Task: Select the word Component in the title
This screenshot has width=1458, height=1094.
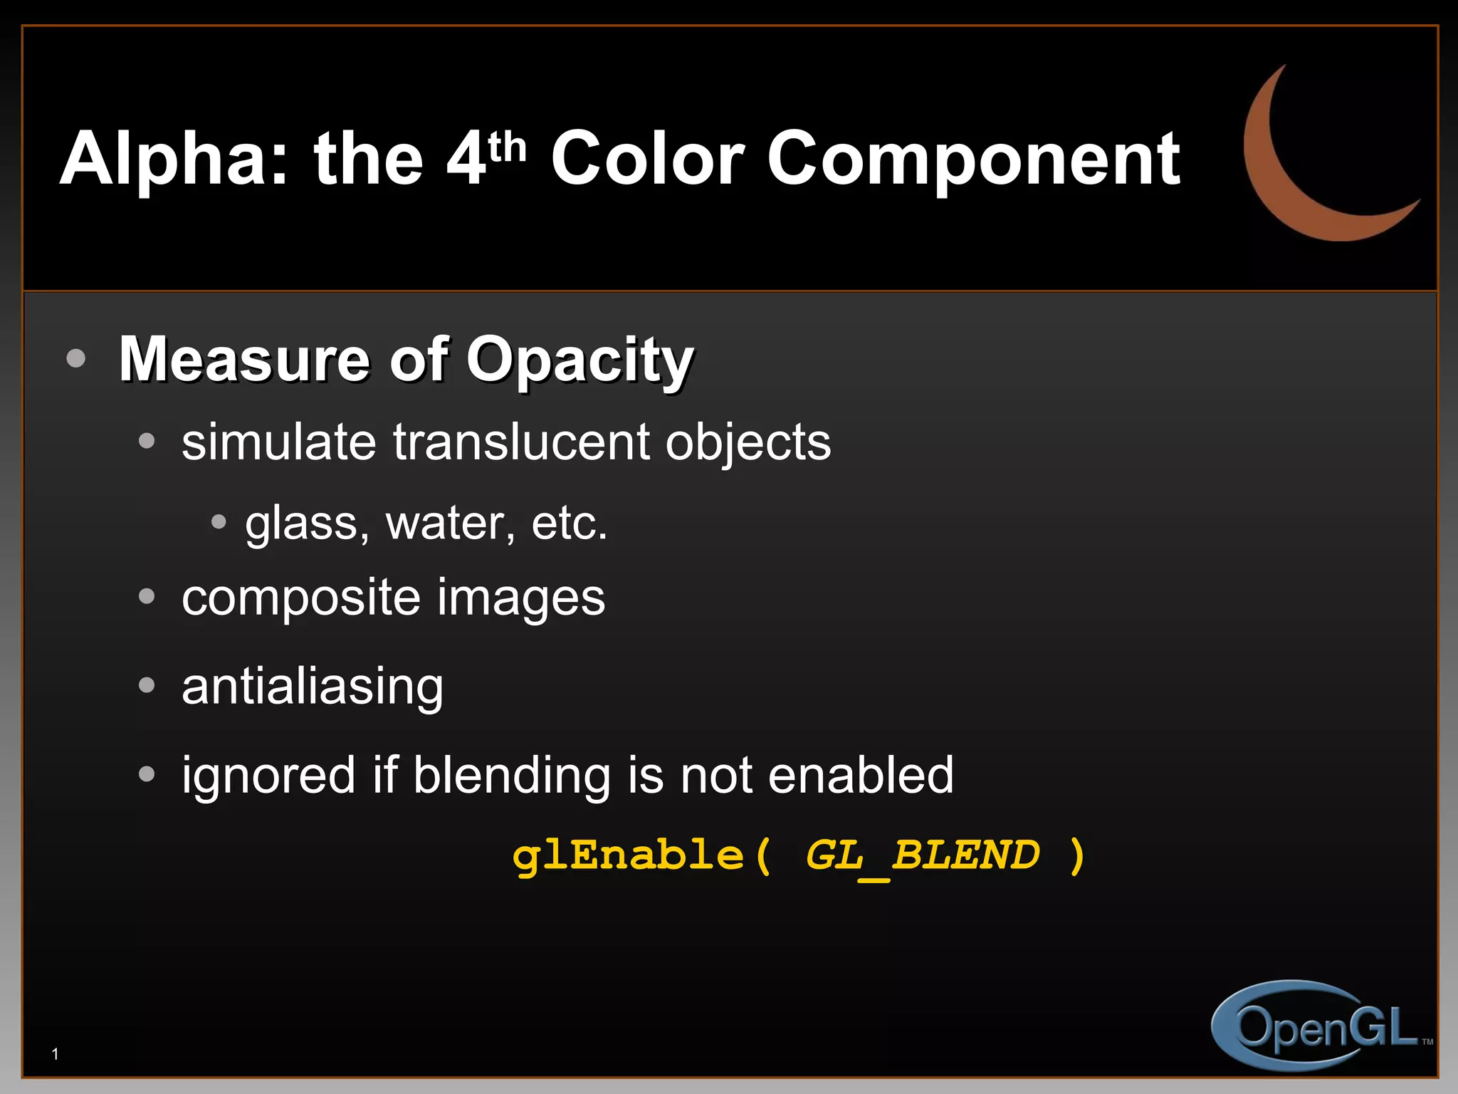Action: click(x=973, y=161)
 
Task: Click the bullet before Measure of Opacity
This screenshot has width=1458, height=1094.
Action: click(x=75, y=358)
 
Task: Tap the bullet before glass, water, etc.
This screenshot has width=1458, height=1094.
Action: click(x=219, y=523)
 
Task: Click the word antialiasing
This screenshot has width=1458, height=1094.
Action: click(x=313, y=687)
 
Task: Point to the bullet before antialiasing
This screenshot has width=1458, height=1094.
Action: click(x=147, y=685)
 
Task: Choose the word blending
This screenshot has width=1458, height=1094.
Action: click(x=512, y=775)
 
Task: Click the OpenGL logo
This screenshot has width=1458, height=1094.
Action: click(x=1317, y=1026)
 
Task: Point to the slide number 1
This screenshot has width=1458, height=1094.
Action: click(x=55, y=1054)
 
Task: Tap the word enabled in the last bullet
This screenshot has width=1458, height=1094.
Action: click(x=861, y=775)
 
